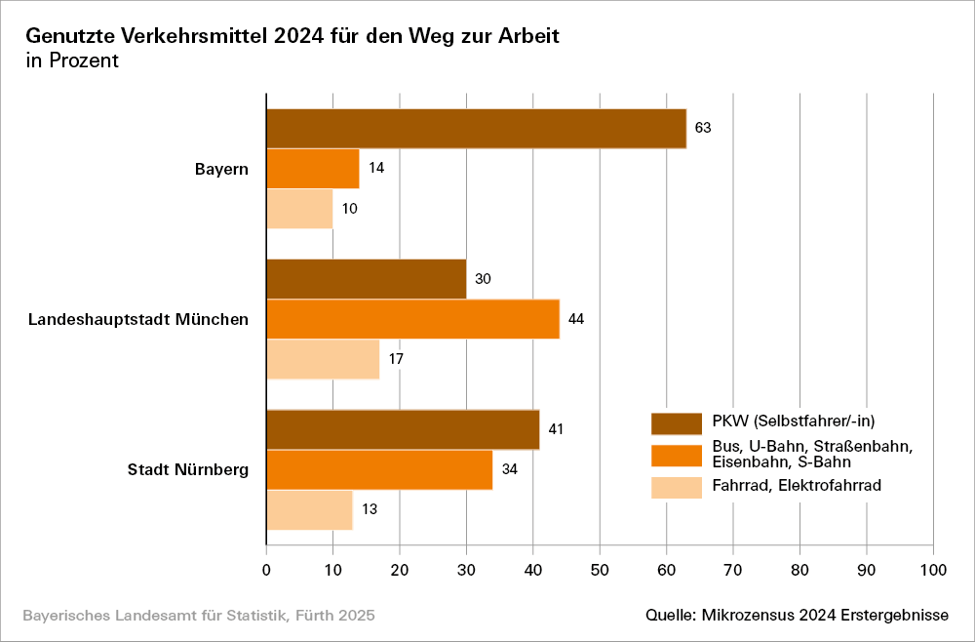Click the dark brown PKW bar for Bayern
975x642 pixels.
click(x=476, y=128)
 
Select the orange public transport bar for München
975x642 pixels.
click(x=412, y=318)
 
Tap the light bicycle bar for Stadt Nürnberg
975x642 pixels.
click(x=309, y=509)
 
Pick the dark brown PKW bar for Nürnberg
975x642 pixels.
click(x=403, y=429)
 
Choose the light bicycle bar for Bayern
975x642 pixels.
click(x=299, y=209)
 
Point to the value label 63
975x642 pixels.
click(x=702, y=128)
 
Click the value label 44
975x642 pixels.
click(x=575, y=318)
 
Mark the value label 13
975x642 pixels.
click(x=369, y=509)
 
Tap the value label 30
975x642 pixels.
click(x=483, y=279)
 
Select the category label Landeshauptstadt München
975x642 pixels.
click(x=138, y=319)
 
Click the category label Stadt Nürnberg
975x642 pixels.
click(x=188, y=470)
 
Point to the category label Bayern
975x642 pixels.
click(x=221, y=169)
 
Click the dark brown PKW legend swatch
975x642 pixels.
click(x=676, y=422)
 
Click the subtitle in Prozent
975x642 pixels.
click(x=72, y=60)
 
